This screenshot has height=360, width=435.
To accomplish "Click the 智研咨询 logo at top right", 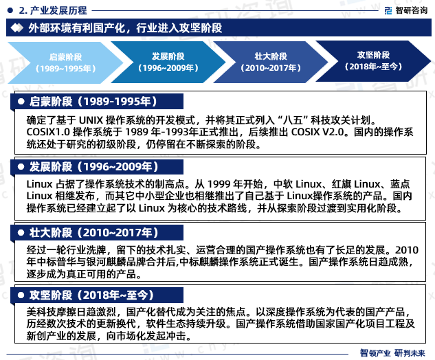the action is [406, 10].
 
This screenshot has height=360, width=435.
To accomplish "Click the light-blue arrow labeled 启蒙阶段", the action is [66, 63].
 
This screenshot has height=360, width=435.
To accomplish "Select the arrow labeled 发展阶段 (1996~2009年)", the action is [168, 62].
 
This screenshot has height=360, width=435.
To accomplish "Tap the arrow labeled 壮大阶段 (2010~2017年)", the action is [271, 62].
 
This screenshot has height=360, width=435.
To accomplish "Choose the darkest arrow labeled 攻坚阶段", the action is [373, 61].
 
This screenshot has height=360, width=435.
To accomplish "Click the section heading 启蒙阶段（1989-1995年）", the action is [93, 102].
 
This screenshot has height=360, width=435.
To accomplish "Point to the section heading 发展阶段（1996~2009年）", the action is [93, 167].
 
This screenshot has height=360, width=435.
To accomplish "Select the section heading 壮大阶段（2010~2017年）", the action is [93, 232].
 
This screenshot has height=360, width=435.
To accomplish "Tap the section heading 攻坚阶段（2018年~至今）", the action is [91, 295].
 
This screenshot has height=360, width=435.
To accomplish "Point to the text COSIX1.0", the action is [48, 132].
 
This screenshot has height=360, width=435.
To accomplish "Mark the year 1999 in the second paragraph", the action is [219, 184].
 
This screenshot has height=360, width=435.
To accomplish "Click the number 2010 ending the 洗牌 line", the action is [407, 250].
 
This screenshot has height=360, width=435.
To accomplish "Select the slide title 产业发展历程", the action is [58, 10].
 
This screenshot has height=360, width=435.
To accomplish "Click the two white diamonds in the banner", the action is [17, 27].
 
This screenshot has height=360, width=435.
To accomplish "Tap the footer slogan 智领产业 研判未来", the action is [392, 353].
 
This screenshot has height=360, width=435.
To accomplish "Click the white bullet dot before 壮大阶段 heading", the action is [21, 233].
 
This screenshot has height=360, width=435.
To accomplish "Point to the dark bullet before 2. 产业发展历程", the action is [10, 10].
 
